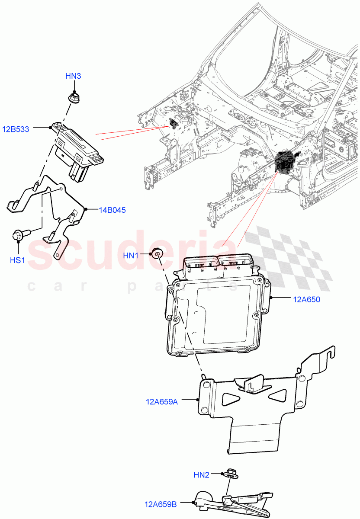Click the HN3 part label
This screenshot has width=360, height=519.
point(73,76)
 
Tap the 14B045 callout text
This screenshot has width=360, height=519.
point(112,210)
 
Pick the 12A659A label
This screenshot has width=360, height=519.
point(161,402)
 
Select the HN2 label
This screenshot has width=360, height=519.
point(202,475)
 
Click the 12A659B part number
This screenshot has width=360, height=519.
point(161,504)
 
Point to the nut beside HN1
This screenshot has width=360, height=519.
point(157,253)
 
